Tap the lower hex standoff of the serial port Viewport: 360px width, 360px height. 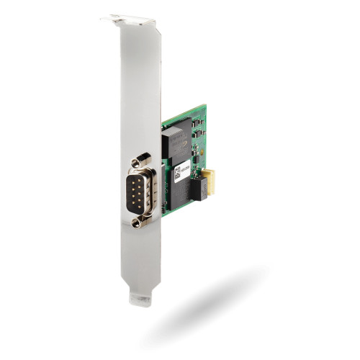pyautogui.click(x=137, y=223)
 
